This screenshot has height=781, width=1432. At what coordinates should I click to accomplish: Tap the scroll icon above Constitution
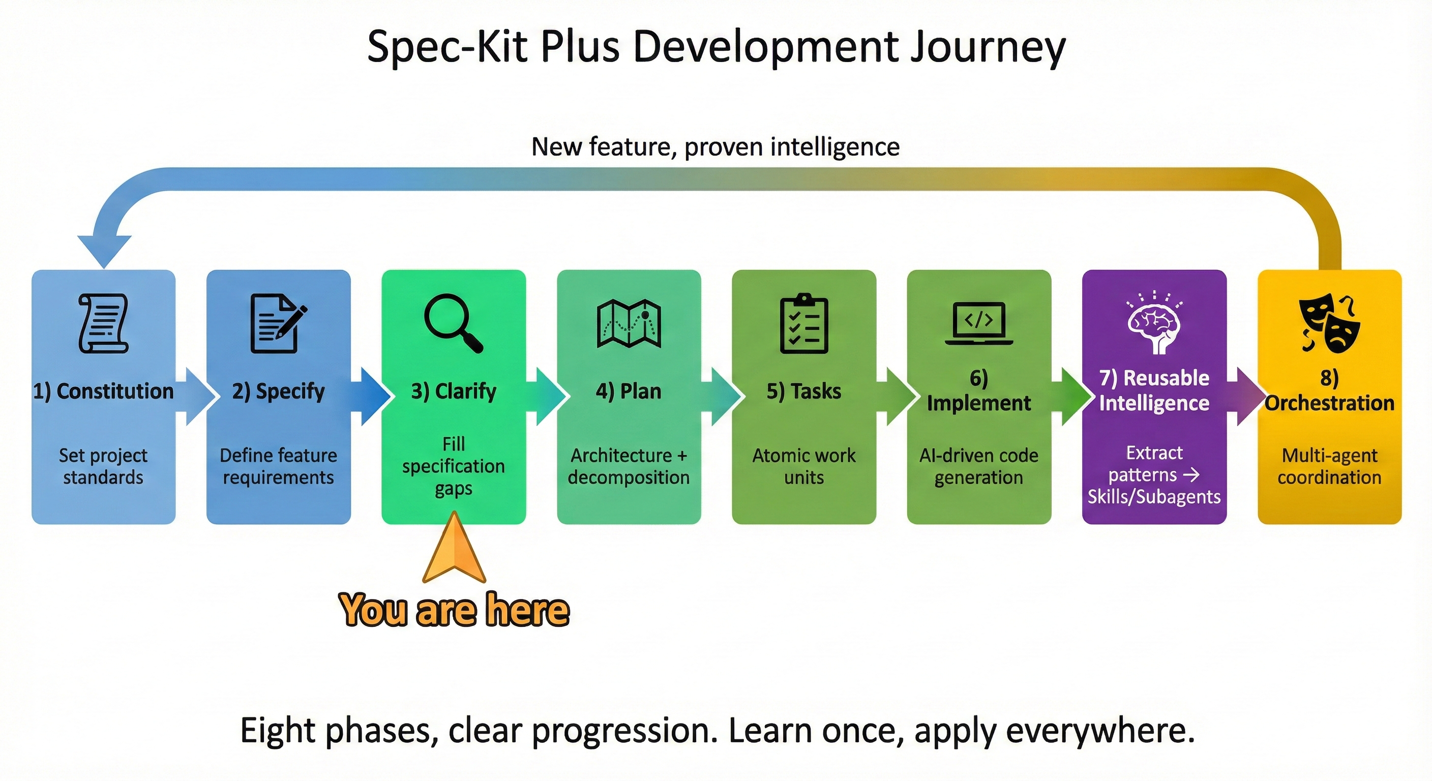pos(103,323)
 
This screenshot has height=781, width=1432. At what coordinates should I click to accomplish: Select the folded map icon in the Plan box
pos(629,323)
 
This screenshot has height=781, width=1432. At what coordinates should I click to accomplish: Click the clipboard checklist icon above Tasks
pos(804,323)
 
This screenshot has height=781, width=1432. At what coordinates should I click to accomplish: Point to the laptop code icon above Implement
pos(979,323)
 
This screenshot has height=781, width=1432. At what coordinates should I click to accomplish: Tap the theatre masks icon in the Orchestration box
pos(1329,323)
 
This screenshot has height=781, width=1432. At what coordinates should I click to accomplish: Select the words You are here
pos(454,610)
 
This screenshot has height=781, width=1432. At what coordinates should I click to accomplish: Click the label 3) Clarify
pos(454,392)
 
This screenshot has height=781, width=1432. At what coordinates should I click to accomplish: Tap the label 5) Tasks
pos(804,392)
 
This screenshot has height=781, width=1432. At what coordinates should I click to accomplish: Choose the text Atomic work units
pos(804,466)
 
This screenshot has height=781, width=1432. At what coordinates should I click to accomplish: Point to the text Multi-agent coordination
pos(1329,466)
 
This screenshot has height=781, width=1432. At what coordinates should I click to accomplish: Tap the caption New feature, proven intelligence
pos(715,147)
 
